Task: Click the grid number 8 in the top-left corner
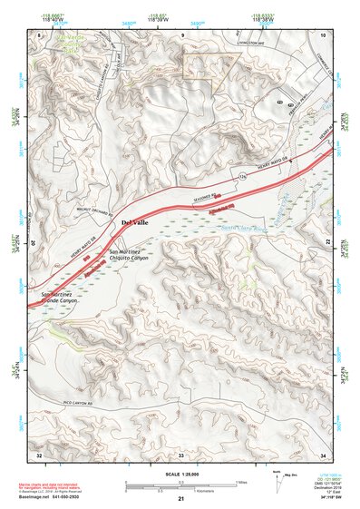[x=40, y=34]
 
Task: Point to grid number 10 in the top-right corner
[x=322, y=34]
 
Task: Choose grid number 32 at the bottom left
[x=39, y=452]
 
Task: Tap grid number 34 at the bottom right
[x=322, y=452]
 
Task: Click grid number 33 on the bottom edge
[x=180, y=452]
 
